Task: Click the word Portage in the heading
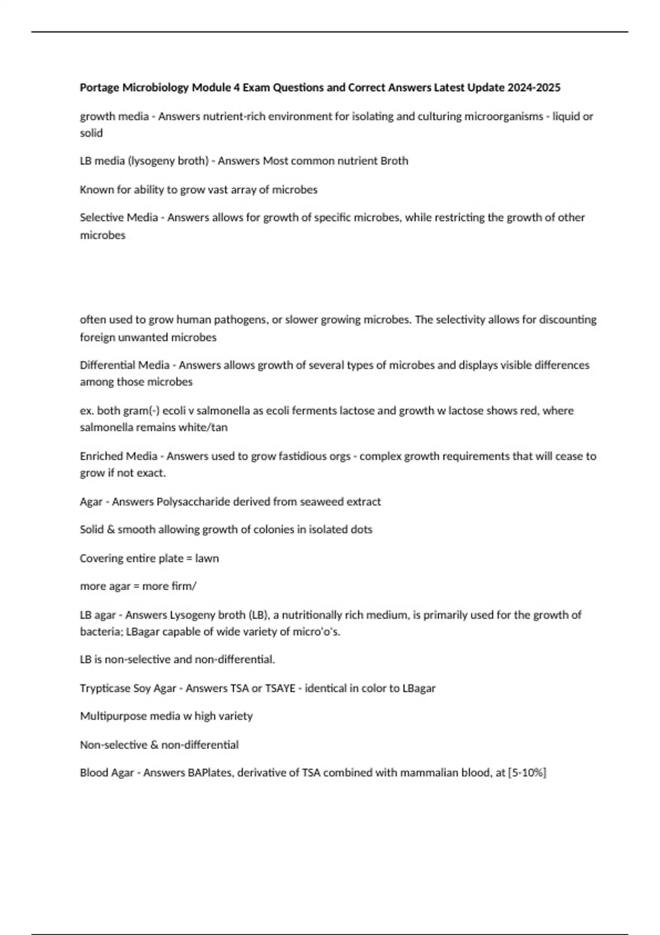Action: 100,87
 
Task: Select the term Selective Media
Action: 119,217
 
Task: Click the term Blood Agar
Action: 107,773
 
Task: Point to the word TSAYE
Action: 280,688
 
